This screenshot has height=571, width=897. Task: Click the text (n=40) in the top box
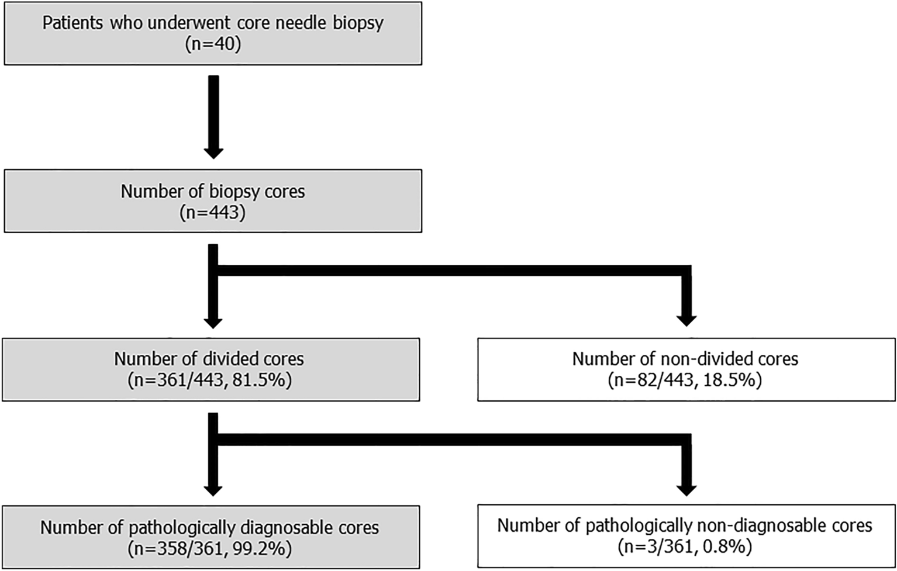click(213, 44)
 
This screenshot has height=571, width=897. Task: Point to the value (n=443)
click(213, 212)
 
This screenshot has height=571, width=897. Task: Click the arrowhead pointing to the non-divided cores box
click(686, 320)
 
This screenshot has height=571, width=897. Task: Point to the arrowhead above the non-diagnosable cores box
click(686, 489)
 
